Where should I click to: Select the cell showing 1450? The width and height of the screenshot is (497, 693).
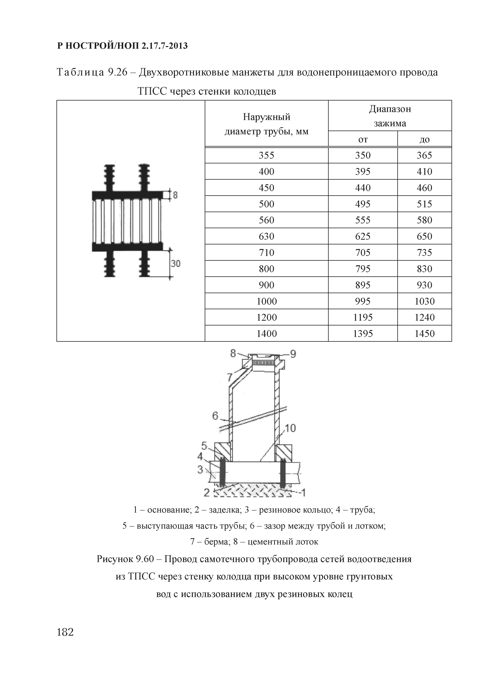(x=424, y=333)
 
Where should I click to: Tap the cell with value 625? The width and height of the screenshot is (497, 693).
(x=363, y=236)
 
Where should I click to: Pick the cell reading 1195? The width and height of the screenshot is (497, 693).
(x=363, y=317)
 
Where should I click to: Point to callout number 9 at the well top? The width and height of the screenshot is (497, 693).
(x=293, y=354)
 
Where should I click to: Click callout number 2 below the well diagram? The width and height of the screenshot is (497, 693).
(x=207, y=493)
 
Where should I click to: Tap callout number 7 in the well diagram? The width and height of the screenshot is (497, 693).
(x=230, y=378)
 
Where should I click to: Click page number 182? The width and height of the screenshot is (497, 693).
(x=65, y=632)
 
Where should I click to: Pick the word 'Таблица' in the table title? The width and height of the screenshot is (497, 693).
(x=80, y=72)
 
